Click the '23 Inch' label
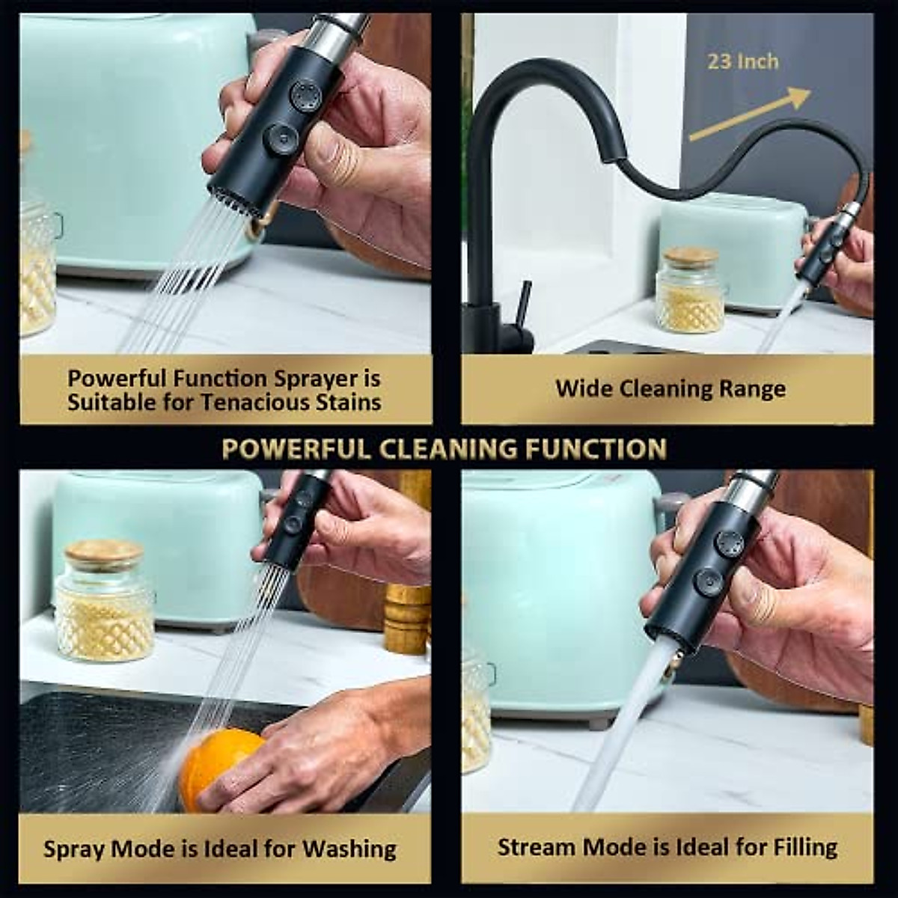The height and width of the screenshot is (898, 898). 742,61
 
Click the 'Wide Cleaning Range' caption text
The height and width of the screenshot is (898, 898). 670,389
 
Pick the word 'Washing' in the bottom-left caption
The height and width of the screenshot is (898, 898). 349,849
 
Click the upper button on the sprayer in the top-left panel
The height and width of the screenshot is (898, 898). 306,97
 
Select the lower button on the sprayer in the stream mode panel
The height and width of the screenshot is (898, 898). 707,581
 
